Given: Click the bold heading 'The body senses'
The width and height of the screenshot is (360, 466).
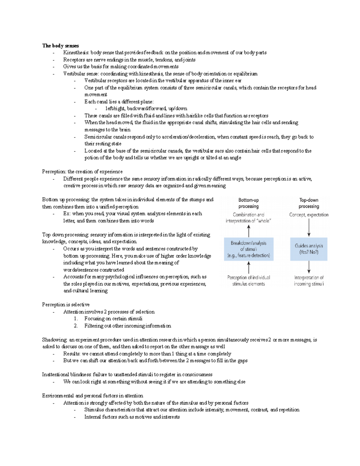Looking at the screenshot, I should [x=60, y=46].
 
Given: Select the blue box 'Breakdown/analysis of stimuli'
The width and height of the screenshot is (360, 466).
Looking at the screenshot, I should [x=249, y=249].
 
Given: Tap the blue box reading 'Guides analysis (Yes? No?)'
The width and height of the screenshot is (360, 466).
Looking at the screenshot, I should [x=309, y=249].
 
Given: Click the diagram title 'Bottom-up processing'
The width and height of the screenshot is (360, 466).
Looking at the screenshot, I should [x=248, y=203].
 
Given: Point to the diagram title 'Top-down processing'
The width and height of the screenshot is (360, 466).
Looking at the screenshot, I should [x=309, y=203].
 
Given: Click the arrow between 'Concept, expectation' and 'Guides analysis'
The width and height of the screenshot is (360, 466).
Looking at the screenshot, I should [x=309, y=228].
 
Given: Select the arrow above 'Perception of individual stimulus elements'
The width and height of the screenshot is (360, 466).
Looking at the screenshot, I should [x=249, y=267].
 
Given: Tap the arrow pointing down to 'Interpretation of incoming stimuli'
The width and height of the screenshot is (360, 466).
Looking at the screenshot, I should [x=309, y=267].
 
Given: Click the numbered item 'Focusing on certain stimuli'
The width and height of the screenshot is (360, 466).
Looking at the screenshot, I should [x=113, y=319].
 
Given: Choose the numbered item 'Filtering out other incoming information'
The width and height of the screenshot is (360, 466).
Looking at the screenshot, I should [x=127, y=326].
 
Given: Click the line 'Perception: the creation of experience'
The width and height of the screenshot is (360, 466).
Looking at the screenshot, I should [x=82, y=172].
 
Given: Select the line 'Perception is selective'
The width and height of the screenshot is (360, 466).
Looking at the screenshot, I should [x=66, y=305].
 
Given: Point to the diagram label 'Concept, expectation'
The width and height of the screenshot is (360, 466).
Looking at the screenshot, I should [x=309, y=215].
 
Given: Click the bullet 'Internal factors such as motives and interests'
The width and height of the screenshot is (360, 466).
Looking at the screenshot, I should [x=132, y=417].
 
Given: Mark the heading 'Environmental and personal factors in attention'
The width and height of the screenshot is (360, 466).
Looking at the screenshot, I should [x=92, y=395].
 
